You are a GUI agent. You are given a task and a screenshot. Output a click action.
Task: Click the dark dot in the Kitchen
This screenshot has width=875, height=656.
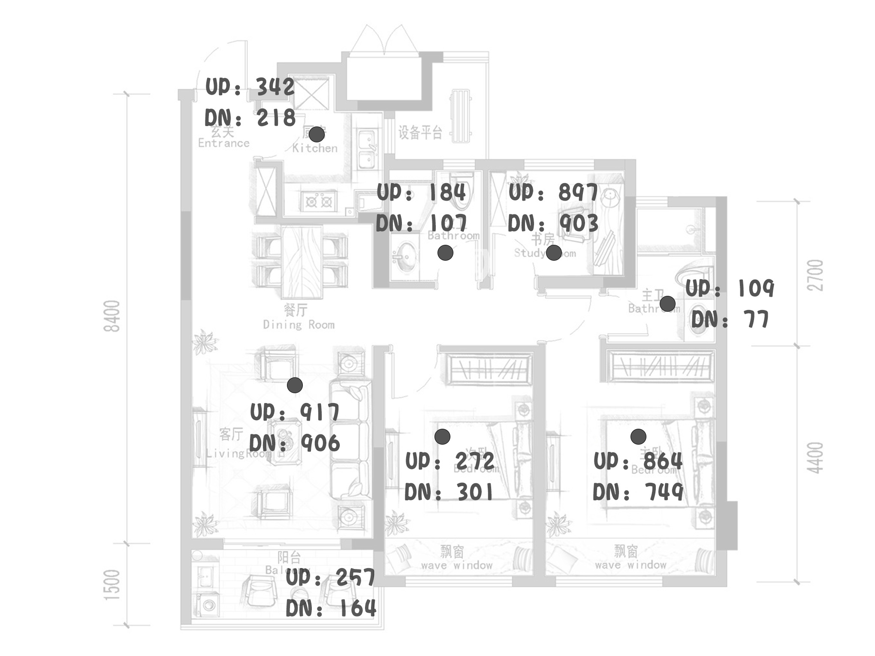[x=317, y=134]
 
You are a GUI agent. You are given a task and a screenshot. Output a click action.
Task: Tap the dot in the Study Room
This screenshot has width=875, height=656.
[x=554, y=253]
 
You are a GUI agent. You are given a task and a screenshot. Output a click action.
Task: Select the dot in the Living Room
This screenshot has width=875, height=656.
[x=295, y=385]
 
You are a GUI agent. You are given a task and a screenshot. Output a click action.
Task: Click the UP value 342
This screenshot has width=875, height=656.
[x=275, y=87]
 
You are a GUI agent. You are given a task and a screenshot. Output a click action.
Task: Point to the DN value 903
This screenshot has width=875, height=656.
[x=579, y=223]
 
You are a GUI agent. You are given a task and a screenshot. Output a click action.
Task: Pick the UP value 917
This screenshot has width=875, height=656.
[x=320, y=412]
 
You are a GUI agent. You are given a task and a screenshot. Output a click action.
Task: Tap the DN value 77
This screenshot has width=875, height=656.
[x=755, y=319]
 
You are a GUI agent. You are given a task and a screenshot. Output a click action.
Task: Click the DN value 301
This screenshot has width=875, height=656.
[x=475, y=492]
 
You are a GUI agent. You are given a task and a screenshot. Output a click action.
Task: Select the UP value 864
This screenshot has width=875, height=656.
[x=663, y=461]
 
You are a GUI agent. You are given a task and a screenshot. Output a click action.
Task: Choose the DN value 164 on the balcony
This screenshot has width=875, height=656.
[x=357, y=608]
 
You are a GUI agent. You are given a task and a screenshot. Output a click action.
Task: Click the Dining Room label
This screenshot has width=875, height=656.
[x=299, y=325]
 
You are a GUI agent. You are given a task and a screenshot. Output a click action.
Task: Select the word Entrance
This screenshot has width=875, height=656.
[x=223, y=143]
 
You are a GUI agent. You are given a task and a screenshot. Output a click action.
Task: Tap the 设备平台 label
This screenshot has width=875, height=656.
[x=419, y=132]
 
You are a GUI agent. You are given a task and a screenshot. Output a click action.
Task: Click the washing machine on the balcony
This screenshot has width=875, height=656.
[x=209, y=605]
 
